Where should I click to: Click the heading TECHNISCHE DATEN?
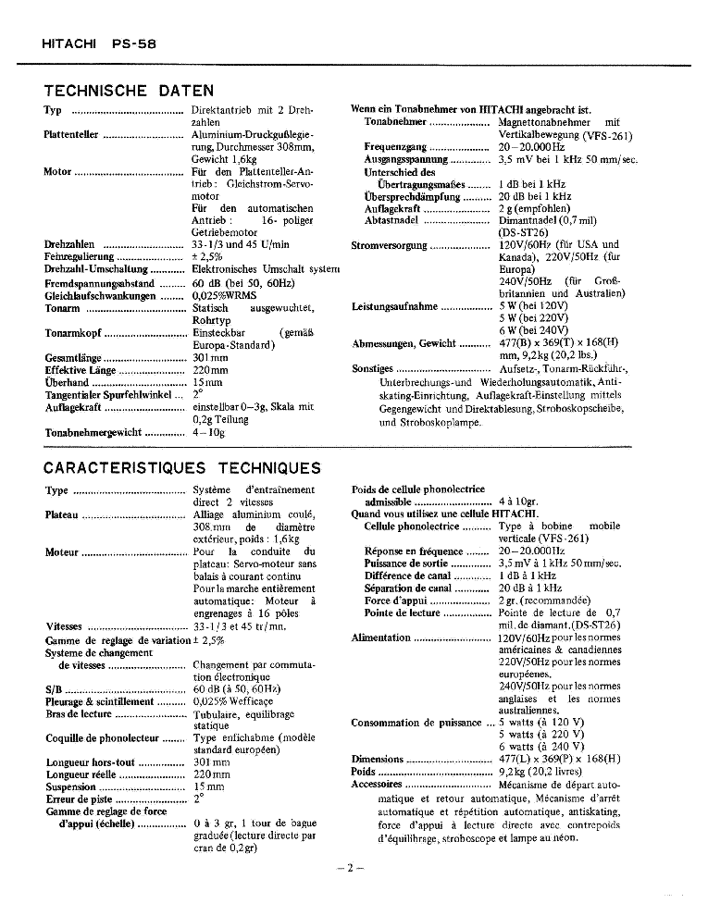tap(129, 91)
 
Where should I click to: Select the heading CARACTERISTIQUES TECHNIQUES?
tap(182, 468)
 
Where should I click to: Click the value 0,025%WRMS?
tap(224, 296)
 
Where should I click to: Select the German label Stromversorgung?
tap(390, 246)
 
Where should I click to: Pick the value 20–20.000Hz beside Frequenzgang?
tap(531, 147)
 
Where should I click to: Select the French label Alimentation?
tap(380, 637)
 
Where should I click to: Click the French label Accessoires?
tap(377, 784)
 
